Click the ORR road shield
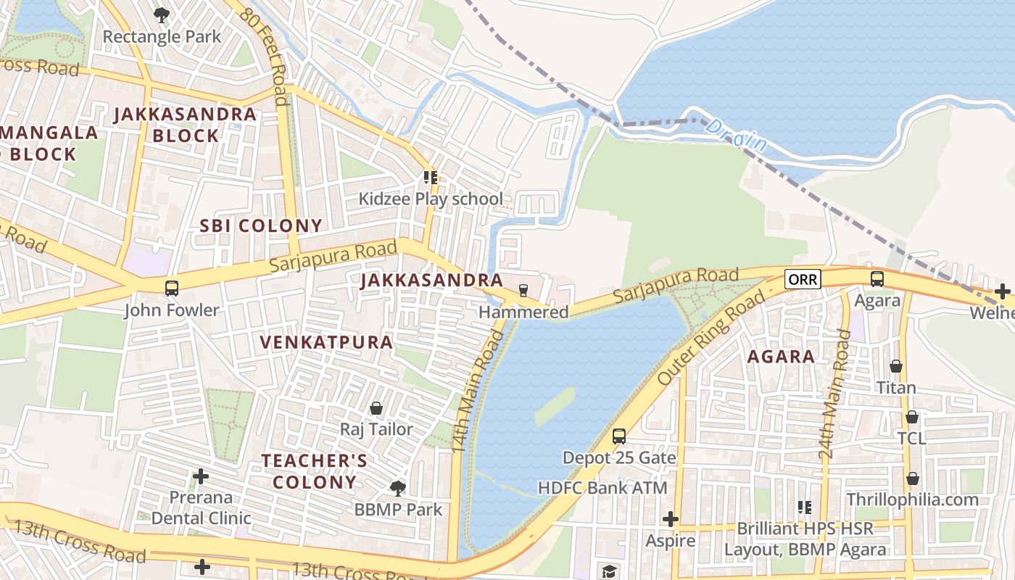pos(802,279)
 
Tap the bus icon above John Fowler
pos(172,289)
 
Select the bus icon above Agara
pos(877,279)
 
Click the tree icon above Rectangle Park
pos(162,14)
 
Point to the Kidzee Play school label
pos(431,199)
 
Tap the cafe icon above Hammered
pos(523,291)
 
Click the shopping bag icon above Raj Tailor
pos(376,409)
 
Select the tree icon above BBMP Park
pos(397,488)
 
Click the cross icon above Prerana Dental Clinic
pos(201,476)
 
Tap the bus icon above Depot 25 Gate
pos(619,436)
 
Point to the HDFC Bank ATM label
pos(602,488)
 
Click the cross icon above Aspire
pos(671,519)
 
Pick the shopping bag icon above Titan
pos(896,367)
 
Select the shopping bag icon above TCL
pos(912,418)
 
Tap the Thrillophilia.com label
pos(912,500)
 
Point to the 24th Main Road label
pos(834,395)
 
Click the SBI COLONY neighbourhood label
pos(261,225)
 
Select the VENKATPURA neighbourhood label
pos(326,342)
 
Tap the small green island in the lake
pos(555,406)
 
